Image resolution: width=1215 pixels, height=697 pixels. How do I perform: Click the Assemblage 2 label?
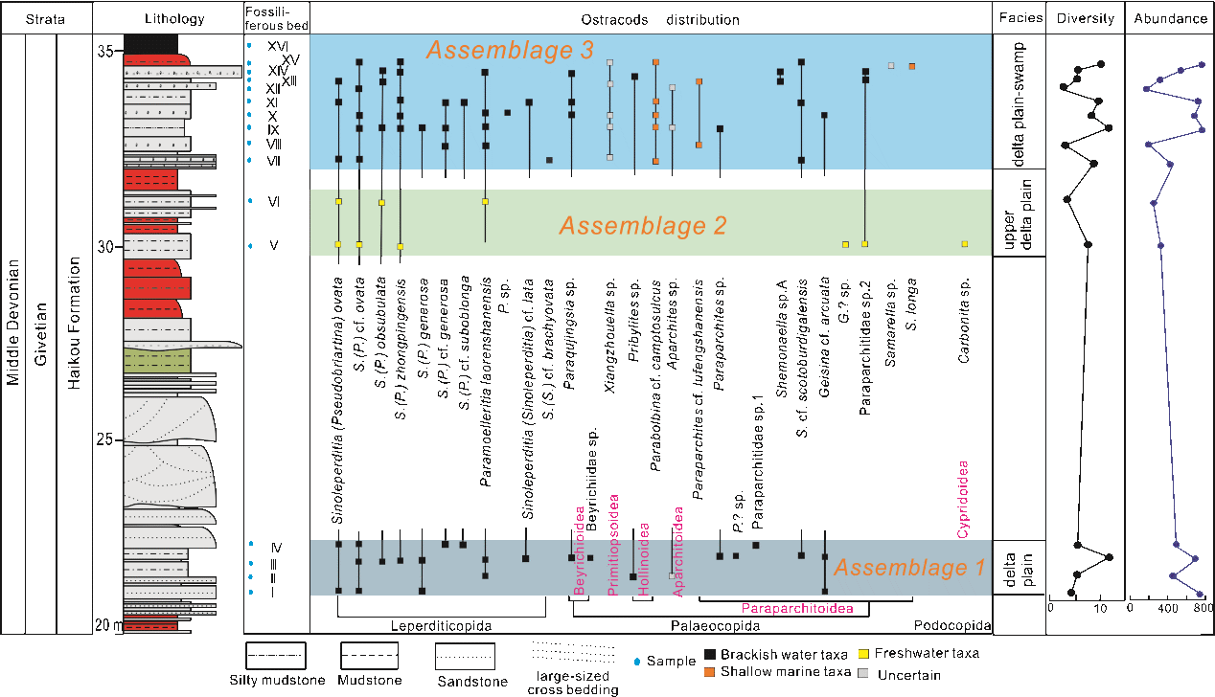(643, 226)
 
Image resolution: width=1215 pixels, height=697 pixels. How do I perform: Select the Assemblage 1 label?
(908, 567)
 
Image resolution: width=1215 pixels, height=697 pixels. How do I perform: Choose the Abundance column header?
(1170, 19)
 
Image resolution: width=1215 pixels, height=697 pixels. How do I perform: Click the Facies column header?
(1020, 19)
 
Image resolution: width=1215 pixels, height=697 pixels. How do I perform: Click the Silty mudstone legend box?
(275, 657)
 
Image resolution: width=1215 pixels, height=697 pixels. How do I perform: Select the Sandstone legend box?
(465, 657)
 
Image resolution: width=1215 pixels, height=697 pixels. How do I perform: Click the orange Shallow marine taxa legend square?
(710, 672)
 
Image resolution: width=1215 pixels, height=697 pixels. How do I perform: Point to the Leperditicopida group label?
(441, 626)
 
